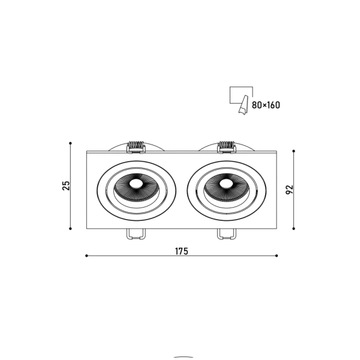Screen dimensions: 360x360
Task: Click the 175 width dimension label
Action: point(181,251)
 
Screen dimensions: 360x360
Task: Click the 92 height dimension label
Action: point(290,190)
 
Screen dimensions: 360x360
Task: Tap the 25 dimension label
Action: point(66,186)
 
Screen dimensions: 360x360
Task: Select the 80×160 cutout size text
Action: point(266,105)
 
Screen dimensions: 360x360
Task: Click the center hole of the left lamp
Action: point(136,184)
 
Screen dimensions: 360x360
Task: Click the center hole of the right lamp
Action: point(226,184)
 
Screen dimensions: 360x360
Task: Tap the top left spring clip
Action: point(136,147)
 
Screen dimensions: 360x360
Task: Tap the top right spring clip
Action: point(227,147)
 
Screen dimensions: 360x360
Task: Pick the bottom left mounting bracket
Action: point(136,234)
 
